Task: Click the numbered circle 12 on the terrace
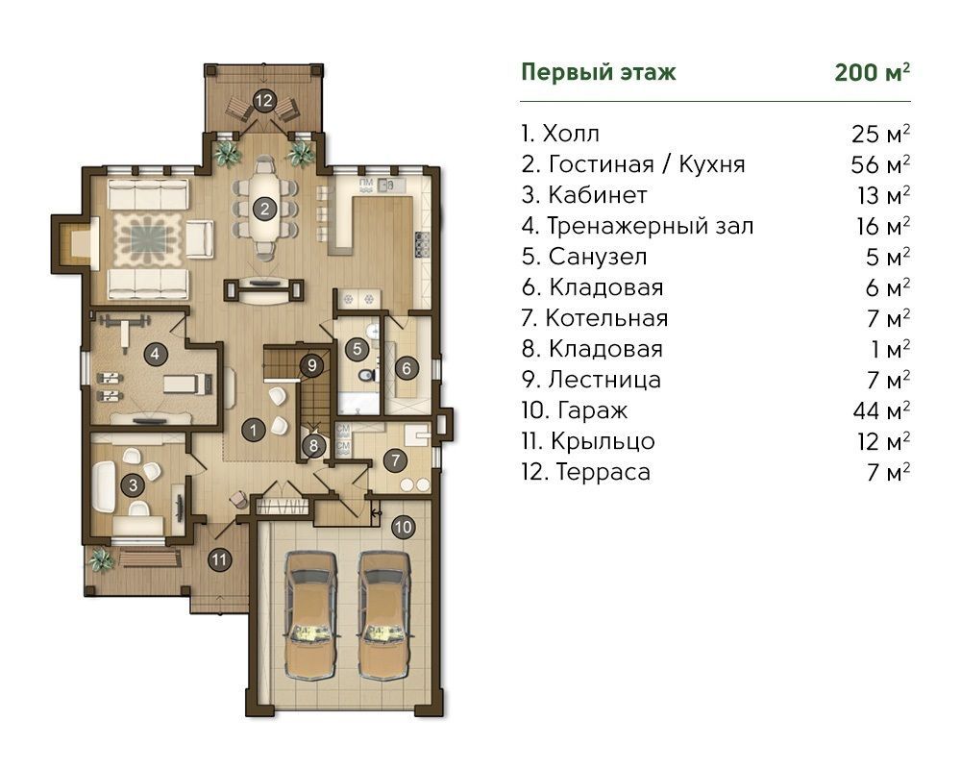pyautogui.click(x=263, y=100)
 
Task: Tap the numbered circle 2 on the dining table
pyautogui.click(x=265, y=209)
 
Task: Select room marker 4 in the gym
pyautogui.click(x=155, y=354)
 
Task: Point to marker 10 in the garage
pyautogui.click(x=403, y=527)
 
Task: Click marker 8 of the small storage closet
pyautogui.click(x=313, y=445)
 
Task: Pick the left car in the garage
pyautogui.click(x=311, y=614)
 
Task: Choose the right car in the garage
pyautogui.click(x=384, y=614)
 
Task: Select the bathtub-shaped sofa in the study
pyautogui.click(x=105, y=486)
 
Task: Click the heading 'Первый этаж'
pyautogui.click(x=598, y=72)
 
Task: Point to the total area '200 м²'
pyautogui.click(x=873, y=72)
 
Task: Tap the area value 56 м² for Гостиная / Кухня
pyautogui.click(x=880, y=164)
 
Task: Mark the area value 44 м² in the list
pyautogui.click(x=880, y=410)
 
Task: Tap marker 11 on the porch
pyautogui.click(x=219, y=559)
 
